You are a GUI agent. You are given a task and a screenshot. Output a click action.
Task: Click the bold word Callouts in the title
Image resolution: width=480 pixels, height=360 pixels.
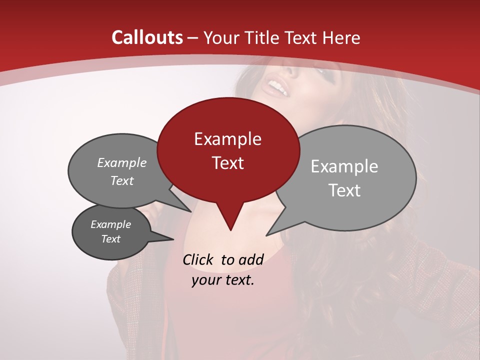tap(147, 37)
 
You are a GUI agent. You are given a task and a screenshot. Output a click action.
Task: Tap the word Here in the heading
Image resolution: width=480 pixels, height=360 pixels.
tap(341, 37)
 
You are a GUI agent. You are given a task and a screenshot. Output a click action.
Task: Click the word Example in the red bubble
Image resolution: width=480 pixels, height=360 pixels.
tap(227, 139)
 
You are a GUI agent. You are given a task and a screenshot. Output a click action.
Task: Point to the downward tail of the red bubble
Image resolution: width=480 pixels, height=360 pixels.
tap(230, 220)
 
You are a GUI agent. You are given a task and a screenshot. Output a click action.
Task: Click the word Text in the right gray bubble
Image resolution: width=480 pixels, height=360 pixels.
tap(344, 190)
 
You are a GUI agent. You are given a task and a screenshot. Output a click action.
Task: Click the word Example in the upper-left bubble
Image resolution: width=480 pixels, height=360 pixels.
tap(122, 162)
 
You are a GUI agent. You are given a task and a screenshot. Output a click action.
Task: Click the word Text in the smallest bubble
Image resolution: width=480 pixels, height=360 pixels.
tap(111, 239)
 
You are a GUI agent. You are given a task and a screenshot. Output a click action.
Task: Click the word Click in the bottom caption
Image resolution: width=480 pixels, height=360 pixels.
tap(198, 259)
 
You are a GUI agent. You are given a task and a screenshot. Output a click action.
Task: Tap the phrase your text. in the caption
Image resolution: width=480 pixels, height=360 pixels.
tap(223, 280)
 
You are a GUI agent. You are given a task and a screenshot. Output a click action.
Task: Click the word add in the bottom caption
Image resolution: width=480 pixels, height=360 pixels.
tap(251, 259)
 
